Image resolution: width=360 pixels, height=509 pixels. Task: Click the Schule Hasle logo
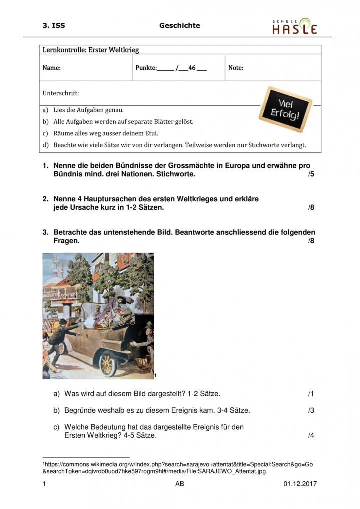point(294,26)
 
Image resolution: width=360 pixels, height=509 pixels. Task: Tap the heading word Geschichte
point(179,25)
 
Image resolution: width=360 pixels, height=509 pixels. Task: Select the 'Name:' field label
point(51,68)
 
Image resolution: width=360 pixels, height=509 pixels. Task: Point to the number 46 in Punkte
point(191,68)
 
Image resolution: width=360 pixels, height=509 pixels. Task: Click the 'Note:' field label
point(236,68)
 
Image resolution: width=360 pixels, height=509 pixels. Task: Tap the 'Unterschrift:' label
point(60,93)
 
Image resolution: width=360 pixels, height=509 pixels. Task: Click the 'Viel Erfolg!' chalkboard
point(285,109)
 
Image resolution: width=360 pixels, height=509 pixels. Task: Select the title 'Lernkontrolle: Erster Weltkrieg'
point(91,50)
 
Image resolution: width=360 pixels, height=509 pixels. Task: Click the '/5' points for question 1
point(311,175)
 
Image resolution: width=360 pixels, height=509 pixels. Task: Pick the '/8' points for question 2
point(311,207)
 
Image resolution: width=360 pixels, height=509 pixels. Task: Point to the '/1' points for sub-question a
point(311,394)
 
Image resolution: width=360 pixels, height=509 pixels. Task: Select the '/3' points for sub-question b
point(311,410)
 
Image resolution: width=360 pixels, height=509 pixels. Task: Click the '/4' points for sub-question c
point(311,435)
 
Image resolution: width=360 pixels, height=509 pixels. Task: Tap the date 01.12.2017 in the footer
point(300,484)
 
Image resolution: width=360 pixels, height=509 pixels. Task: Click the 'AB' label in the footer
point(180,484)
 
